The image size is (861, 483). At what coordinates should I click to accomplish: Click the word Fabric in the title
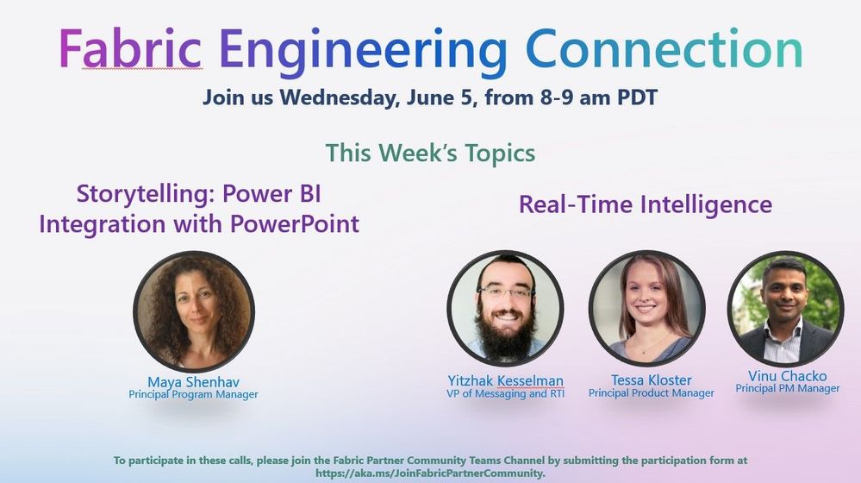point(130,50)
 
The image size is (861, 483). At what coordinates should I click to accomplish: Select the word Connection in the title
point(664,50)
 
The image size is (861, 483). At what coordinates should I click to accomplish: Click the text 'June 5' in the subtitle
point(436,96)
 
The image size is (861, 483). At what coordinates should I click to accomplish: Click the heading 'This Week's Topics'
point(430,154)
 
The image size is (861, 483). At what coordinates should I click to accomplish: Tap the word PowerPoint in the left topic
point(295,224)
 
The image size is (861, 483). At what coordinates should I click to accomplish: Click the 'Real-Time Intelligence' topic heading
point(645,204)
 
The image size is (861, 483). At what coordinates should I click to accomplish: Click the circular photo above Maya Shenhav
point(193,311)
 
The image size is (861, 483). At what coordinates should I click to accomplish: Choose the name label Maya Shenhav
point(193,381)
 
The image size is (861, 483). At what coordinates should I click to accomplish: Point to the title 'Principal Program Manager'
point(193,394)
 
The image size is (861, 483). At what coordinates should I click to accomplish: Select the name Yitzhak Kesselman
point(505,380)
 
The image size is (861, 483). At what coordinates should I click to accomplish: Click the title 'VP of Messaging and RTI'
point(505,393)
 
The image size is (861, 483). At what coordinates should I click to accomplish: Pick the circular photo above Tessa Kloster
point(646,309)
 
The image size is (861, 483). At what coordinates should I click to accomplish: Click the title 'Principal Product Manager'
point(651,393)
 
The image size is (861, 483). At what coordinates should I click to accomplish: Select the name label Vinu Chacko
point(787,376)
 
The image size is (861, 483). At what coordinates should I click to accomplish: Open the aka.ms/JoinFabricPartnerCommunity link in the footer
point(429,474)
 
